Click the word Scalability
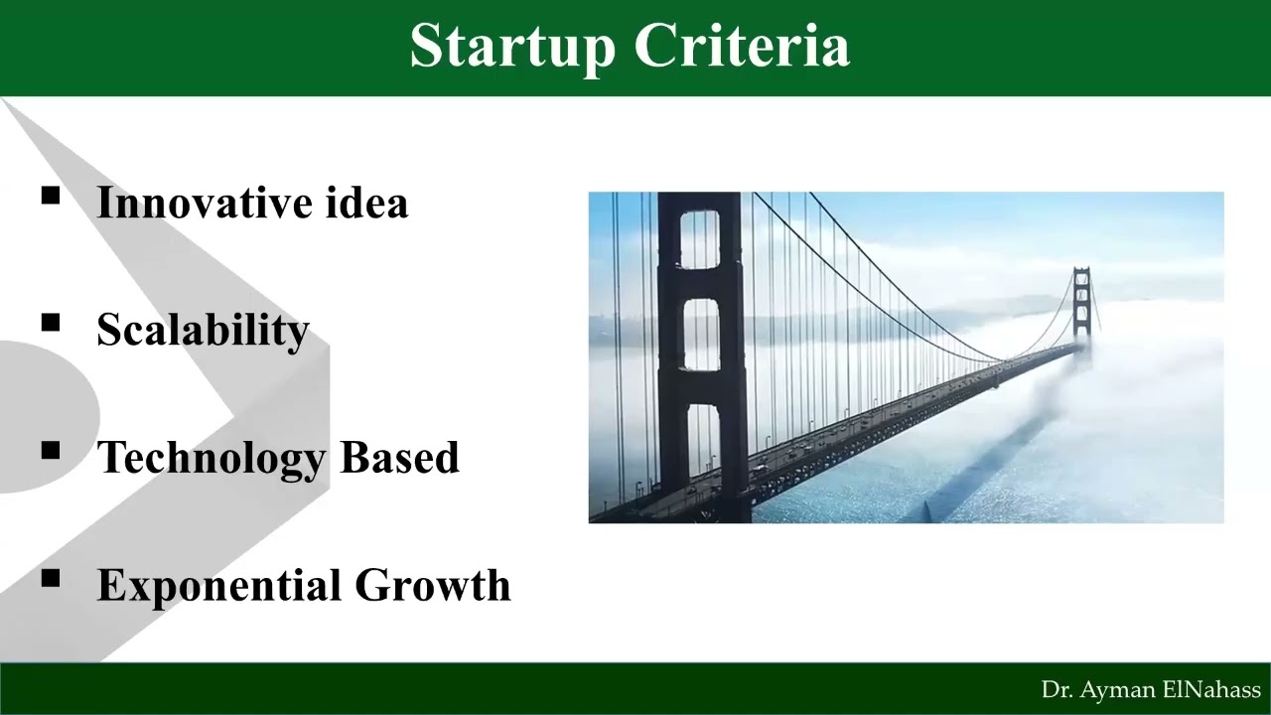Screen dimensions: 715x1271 pyautogui.click(x=203, y=331)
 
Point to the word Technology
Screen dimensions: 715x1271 pyautogui.click(x=212, y=458)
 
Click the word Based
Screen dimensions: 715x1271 pyautogui.click(x=399, y=457)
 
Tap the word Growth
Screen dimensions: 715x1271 pyautogui.click(x=433, y=585)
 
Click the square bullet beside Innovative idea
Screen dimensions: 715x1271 pyautogui.click(x=51, y=196)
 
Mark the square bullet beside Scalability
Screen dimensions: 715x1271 pyautogui.click(x=51, y=323)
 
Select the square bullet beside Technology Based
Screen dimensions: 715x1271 pyautogui.click(x=51, y=451)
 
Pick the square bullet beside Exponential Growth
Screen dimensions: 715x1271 pyautogui.click(x=51, y=578)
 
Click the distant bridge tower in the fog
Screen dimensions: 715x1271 pyautogui.click(x=1081, y=303)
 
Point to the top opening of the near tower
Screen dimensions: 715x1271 pyautogui.click(x=700, y=238)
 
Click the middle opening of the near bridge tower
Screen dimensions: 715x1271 pyautogui.click(x=702, y=336)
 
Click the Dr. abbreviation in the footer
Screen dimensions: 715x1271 pyautogui.click(x=1056, y=690)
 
